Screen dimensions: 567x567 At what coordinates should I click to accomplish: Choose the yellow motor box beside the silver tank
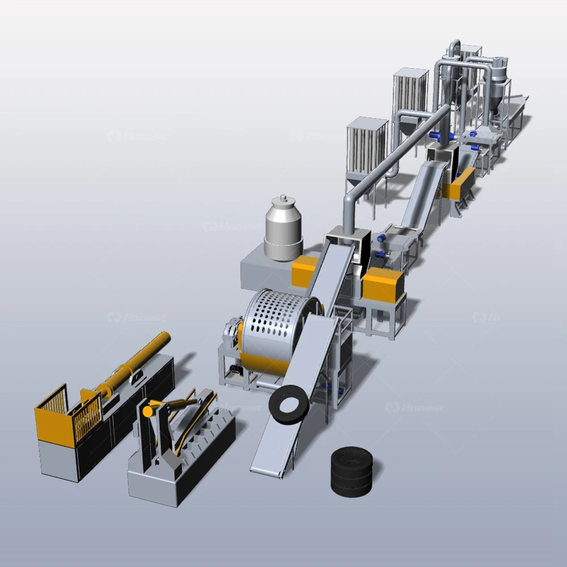tap(304, 270)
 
